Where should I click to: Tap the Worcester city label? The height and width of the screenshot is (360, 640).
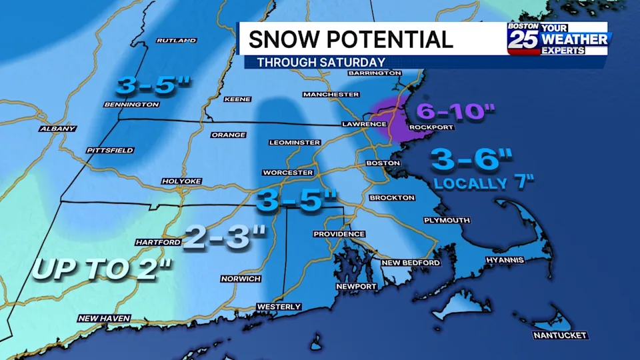[x=288, y=173]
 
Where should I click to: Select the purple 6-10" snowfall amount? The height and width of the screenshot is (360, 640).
[x=455, y=112]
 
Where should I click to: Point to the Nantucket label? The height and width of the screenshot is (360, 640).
[x=560, y=335]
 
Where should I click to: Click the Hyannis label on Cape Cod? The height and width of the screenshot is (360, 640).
[x=505, y=260]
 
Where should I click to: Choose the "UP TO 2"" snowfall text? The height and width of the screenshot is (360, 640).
[x=102, y=269]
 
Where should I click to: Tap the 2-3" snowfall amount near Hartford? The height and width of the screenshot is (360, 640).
[x=224, y=237]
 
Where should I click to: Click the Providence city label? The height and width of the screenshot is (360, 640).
[x=339, y=234]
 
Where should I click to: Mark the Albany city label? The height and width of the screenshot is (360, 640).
[x=58, y=129]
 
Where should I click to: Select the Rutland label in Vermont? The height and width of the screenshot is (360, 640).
[x=176, y=41]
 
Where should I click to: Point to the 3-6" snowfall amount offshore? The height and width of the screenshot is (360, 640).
[x=472, y=159]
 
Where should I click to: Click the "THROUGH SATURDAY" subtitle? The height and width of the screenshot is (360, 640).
[x=321, y=63]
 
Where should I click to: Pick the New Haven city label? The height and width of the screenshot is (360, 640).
[x=104, y=318]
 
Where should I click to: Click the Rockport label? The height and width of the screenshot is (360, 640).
[x=431, y=127]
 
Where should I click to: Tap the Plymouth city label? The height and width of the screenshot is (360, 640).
[x=447, y=220]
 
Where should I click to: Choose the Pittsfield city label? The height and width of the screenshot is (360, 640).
[x=110, y=151]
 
